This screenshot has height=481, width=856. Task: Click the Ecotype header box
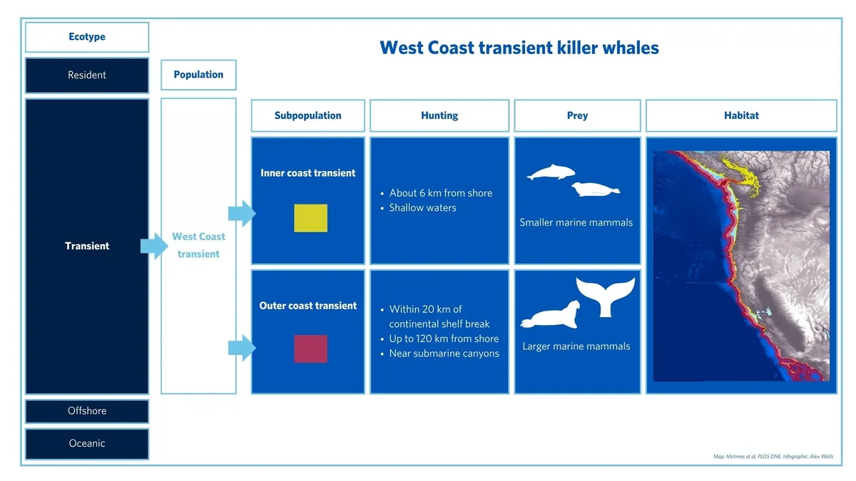pos(87,37)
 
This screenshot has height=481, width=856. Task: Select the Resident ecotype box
pos(87,75)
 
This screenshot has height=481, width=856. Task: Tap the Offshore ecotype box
pos(87,411)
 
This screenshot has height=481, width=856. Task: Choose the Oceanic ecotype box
pos(87,443)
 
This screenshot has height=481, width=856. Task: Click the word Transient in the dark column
pos(87,246)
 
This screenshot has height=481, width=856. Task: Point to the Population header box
pos(198,75)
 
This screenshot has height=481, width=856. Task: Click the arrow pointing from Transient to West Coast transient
pos(153,246)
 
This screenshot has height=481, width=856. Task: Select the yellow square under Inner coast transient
pos(311,218)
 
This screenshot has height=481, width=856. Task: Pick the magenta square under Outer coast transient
pos(311,348)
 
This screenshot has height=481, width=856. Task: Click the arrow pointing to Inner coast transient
pos(241,213)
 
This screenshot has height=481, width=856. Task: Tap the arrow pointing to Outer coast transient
pos(241,348)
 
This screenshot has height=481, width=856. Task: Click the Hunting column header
pos(439,115)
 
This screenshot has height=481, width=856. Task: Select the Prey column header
pos(577,115)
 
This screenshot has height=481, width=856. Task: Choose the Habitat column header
pos(741,115)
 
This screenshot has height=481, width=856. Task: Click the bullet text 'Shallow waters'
pos(422,208)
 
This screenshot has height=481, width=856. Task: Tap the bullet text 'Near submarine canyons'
pos(444,353)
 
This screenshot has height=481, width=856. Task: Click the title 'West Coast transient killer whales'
pos(519,48)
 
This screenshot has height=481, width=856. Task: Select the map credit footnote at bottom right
pos(768,457)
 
